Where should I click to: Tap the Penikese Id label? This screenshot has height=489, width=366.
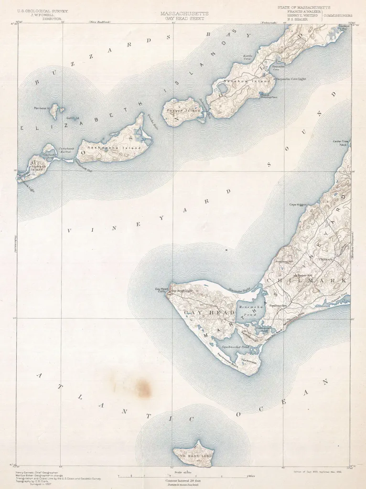click(41, 108)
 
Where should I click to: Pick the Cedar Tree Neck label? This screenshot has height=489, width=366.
click(340, 143)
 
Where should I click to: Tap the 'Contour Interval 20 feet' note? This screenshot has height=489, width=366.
click(184, 481)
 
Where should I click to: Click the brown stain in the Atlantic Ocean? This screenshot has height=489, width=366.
click(139, 387)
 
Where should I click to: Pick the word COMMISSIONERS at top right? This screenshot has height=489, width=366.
click(338, 15)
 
